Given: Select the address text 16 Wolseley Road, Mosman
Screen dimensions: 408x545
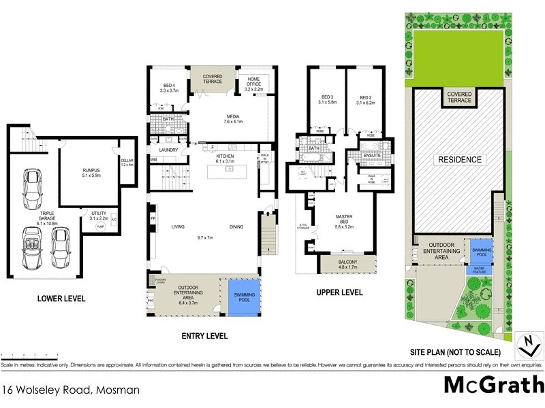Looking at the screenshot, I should (71, 390).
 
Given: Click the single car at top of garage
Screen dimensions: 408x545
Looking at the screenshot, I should (33, 190).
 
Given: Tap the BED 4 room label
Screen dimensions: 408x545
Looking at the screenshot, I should (168, 87).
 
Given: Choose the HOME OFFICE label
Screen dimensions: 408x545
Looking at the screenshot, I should (253, 84).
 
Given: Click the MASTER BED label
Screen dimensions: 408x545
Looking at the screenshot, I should (344, 220).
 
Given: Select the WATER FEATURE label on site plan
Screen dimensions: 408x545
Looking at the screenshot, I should (480, 269).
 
